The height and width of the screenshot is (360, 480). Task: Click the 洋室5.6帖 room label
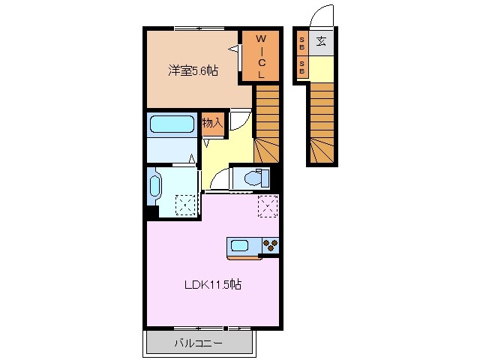click(x=193, y=71)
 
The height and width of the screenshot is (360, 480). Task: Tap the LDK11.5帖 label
click(x=214, y=284)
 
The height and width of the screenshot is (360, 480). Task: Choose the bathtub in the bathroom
click(x=172, y=125)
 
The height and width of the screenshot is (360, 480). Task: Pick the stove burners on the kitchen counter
click(x=270, y=245)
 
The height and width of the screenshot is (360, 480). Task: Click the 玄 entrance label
click(x=321, y=43)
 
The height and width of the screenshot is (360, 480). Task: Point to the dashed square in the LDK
click(x=268, y=205)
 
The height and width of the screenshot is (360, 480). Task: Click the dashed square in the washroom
click(x=185, y=205)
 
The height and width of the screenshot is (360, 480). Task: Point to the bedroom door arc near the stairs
click(x=239, y=120)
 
